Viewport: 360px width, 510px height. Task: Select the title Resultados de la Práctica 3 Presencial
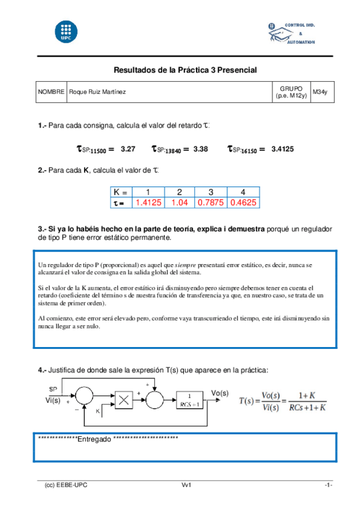point(185,70)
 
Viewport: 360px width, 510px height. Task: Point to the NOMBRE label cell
point(51,92)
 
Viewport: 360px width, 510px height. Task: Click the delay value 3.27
point(127,149)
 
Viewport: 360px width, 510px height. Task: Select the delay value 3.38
point(201,149)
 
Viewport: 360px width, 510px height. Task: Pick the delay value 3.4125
point(282,149)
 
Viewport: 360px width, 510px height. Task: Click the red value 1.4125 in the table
point(148,203)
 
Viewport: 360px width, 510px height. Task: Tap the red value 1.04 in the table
point(180,203)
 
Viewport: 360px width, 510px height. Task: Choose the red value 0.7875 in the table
point(211,203)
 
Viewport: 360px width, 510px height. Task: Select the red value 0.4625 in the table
point(243,203)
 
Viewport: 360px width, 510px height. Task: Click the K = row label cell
point(121,192)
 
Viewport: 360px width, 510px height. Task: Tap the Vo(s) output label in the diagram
point(221,393)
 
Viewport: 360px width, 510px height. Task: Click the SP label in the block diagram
point(53,389)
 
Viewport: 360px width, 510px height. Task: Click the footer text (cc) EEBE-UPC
point(66,485)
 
